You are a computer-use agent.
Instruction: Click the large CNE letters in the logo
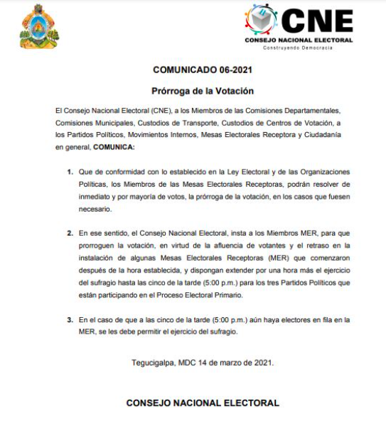click(318, 18)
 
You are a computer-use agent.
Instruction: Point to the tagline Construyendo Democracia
click(299, 47)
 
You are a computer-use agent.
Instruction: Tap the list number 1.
click(70, 172)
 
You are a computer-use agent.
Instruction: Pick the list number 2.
click(70, 233)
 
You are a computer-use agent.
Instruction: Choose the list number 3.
click(70, 320)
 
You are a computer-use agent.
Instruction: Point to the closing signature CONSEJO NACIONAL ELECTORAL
click(203, 403)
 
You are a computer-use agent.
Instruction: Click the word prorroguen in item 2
click(99, 245)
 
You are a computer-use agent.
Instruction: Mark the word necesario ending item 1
click(96, 209)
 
